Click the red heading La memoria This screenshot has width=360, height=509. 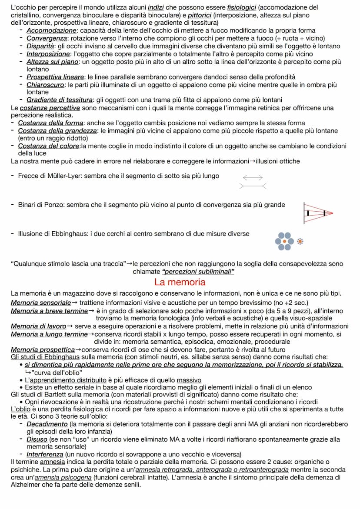180,282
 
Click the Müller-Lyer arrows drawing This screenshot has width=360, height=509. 253,182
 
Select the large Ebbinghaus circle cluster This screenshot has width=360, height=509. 284,241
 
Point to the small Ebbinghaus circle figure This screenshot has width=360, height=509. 300,241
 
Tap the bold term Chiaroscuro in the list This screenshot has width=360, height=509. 45,85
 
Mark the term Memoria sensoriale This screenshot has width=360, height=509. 40,302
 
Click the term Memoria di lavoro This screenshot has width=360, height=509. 38,326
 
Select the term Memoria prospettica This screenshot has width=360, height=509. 43,349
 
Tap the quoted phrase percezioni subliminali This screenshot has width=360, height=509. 198,272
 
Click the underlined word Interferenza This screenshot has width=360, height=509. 45,455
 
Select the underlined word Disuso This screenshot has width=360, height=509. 37,439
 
